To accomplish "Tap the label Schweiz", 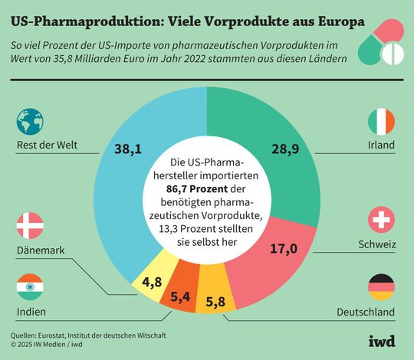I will tap(376, 245).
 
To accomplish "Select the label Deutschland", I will tap(365, 313).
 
